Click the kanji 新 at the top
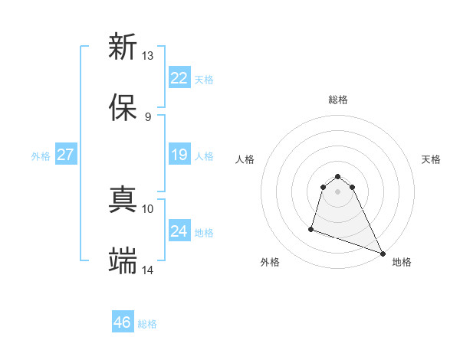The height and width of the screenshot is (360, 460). click(123, 47)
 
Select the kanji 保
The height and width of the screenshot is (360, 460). click(123, 108)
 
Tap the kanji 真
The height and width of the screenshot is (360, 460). click(123, 200)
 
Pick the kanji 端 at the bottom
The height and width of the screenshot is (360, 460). click(123, 261)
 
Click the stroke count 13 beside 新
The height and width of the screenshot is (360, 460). click(148, 55)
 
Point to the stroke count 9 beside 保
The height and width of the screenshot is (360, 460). click(148, 116)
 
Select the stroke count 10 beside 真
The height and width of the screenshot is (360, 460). click(148, 208)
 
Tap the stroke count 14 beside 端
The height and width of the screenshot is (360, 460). click(148, 270)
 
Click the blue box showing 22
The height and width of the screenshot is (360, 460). click(179, 77)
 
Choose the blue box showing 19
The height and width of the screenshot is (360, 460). click(179, 155)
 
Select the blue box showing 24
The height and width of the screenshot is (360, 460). click(179, 231)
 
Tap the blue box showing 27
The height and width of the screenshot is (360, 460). click(66, 155)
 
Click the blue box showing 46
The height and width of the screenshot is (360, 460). click(123, 322)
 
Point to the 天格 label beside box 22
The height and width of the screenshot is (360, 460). click(204, 80)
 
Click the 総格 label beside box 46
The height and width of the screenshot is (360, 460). click(147, 325)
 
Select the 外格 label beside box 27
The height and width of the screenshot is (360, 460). click(41, 156)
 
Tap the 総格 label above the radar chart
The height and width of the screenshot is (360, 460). click(338, 100)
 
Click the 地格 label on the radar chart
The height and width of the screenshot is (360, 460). click(402, 262)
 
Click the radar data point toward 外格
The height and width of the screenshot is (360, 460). click(311, 228)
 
